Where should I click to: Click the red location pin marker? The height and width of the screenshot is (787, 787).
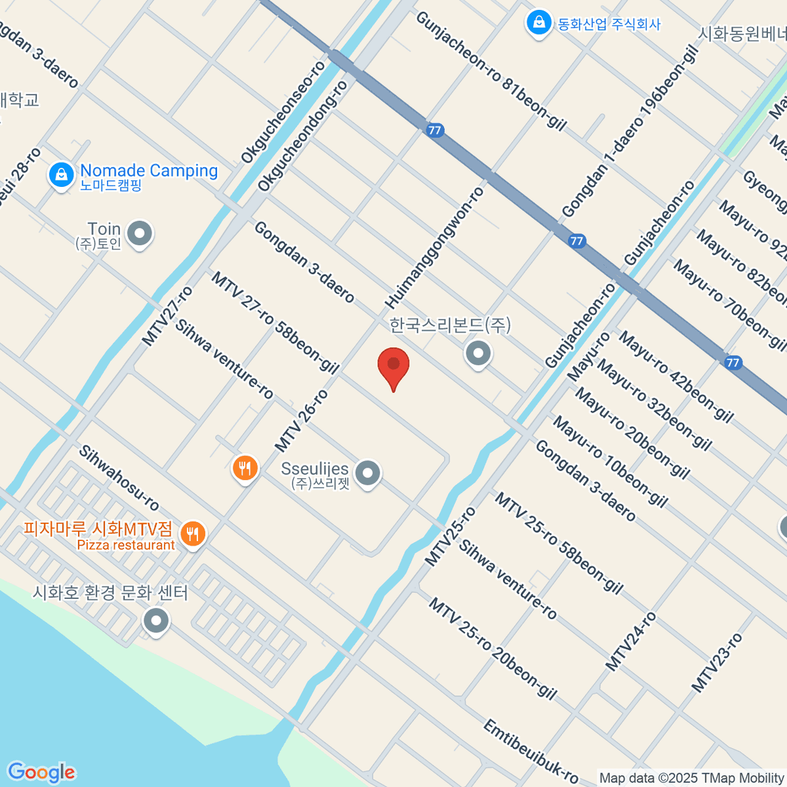point(393,365)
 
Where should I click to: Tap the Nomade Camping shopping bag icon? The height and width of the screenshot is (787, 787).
point(61,175)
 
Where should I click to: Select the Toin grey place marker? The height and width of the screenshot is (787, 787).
point(140,233)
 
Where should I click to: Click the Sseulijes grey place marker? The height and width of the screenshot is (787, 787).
point(367,473)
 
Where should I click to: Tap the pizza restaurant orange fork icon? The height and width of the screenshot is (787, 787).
point(192,535)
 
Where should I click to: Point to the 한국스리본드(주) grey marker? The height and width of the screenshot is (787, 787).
point(478,353)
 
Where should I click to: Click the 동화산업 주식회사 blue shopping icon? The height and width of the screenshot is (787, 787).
point(538,23)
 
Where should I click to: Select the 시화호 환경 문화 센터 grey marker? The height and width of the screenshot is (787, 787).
point(156,620)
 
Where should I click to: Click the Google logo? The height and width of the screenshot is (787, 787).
point(41,773)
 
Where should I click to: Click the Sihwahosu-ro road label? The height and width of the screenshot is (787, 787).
point(119,478)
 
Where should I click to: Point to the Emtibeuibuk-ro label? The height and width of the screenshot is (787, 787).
point(531,752)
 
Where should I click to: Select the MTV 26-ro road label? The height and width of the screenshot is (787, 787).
point(301,420)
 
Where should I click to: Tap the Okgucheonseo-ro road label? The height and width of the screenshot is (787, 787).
point(283,112)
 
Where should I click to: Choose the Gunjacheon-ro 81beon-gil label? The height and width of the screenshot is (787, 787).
point(491,71)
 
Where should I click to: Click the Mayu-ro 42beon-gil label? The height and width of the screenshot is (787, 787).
point(676,376)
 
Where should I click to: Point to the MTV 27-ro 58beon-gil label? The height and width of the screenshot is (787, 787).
point(275,323)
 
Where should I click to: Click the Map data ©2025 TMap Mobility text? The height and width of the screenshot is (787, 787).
point(691,778)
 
